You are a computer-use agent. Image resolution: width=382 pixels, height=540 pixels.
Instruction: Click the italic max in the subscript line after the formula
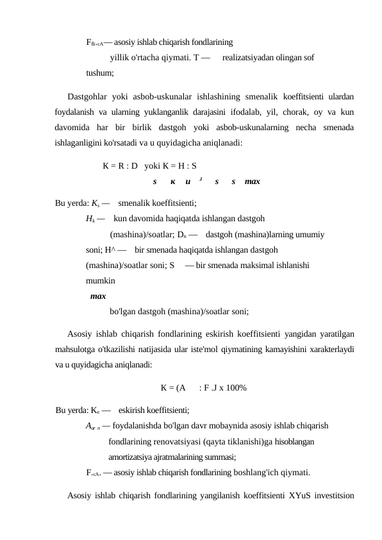(252, 181)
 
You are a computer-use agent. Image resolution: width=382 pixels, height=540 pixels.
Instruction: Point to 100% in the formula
(236, 387)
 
